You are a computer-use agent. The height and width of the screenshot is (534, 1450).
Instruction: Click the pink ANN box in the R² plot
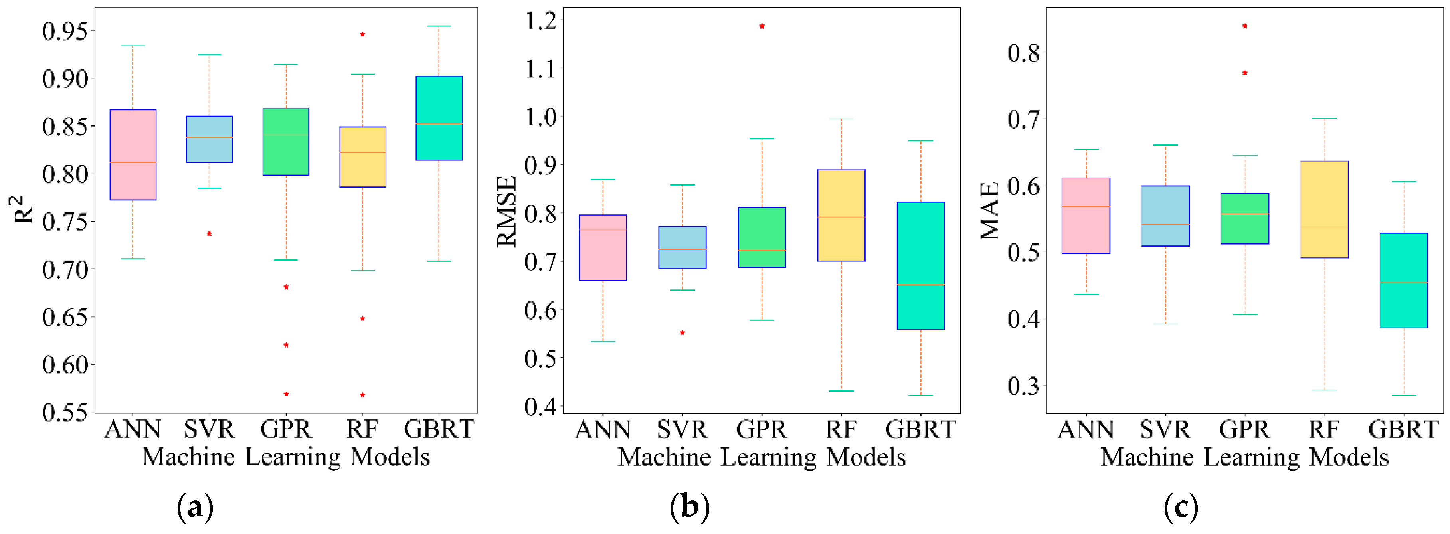point(133,155)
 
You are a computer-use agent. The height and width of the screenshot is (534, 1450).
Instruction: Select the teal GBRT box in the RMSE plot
point(920,265)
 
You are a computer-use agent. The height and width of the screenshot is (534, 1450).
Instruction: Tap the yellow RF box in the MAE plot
point(1324,209)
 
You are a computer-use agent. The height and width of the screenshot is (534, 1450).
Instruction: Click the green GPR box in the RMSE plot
point(762,237)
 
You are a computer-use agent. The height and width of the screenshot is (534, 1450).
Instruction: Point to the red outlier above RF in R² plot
point(362,34)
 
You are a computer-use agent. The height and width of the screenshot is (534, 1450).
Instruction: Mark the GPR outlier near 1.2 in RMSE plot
point(762,26)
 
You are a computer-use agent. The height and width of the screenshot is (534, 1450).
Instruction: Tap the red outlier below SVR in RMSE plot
point(682,332)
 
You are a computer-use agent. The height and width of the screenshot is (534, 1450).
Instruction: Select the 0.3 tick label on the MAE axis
point(1023,387)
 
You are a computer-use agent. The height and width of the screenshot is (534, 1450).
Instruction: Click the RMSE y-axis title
point(506,211)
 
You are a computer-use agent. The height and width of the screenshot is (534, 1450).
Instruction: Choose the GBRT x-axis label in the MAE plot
point(1403,430)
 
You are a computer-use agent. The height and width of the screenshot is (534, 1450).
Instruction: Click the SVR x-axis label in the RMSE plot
point(682,430)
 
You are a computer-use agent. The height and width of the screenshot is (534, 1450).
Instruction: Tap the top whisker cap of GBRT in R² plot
point(439,26)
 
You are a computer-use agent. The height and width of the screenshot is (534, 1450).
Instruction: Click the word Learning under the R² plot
point(293,457)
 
